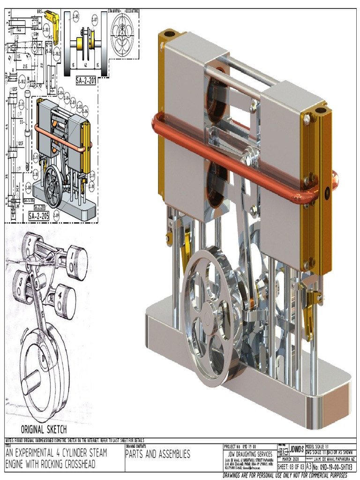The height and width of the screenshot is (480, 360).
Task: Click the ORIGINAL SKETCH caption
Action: coord(44,429)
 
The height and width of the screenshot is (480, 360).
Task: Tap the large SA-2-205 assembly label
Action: coord(38,216)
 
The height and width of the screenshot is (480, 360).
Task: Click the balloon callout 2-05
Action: coord(76,18)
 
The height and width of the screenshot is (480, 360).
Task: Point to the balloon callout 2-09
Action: coord(56,215)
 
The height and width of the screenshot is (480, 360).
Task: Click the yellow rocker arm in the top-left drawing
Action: coord(52,26)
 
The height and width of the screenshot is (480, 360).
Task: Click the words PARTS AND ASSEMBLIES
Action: coord(157,454)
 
